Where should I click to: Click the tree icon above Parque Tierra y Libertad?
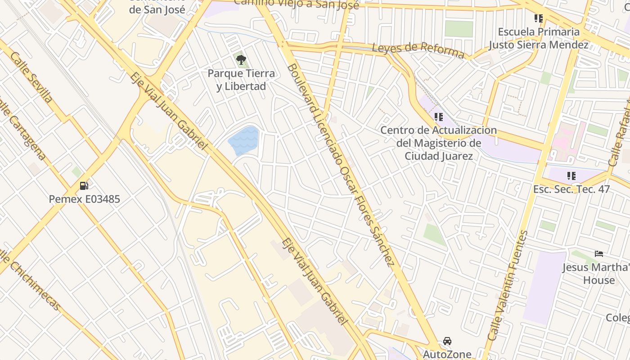tap(241, 59)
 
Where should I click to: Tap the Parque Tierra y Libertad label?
tap(241, 80)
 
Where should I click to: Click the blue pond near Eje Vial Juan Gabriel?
tap(244, 140)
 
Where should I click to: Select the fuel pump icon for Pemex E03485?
tap(84, 185)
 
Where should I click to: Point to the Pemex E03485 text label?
tap(84, 199)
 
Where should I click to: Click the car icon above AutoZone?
tap(447, 341)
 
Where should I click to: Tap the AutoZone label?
tap(447, 354)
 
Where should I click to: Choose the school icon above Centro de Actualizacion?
tap(439, 117)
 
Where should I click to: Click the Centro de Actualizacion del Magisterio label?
tap(439, 143)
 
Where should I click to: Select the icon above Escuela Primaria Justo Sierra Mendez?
tap(539, 18)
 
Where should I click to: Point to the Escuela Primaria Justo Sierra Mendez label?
tap(539, 38)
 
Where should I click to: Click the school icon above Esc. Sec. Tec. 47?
tap(571, 176)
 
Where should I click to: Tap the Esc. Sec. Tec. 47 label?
tap(571, 189)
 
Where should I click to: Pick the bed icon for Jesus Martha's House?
tap(598, 254)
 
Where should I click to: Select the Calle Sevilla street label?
tap(31, 77)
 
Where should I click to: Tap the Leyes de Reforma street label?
tap(418, 50)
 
